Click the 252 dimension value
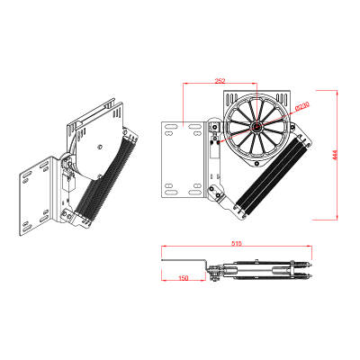coord(220,80)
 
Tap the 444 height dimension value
coord(332,156)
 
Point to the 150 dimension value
coord(184,278)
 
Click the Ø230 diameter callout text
coord(301,106)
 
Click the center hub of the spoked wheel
coord(257,128)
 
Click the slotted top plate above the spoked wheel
coord(261,96)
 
